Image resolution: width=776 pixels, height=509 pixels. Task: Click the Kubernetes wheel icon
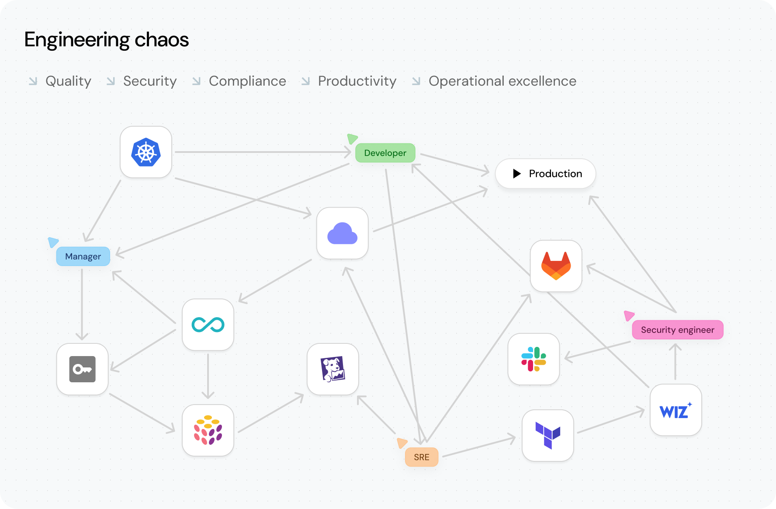click(x=146, y=152)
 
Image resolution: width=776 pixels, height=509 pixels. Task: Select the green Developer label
click(x=385, y=153)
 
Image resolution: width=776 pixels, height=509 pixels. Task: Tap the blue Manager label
click(x=83, y=256)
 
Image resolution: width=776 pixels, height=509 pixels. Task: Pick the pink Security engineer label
click(x=677, y=330)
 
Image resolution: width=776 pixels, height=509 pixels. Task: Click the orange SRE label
click(x=422, y=457)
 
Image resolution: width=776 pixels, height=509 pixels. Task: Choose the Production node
click(x=545, y=173)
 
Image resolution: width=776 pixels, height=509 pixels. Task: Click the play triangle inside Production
click(x=517, y=173)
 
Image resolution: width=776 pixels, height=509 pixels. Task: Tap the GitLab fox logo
click(x=556, y=266)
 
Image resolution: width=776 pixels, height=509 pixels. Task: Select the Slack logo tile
click(x=533, y=359)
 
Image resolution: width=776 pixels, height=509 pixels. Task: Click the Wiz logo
click(x=676, y=411)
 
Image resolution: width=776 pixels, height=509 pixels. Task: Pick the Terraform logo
click(x=548, y=435)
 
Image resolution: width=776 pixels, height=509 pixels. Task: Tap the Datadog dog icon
click(x=333, y=369)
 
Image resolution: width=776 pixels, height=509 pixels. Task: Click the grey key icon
click(x=83, y=369)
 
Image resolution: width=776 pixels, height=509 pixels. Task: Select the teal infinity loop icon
click(x=208, y=325)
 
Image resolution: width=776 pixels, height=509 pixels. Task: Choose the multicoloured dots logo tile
click(x=208, y=430)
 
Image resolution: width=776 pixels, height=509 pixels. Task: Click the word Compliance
click(x=247, y=81)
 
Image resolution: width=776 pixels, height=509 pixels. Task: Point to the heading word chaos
click(x=162, y=40)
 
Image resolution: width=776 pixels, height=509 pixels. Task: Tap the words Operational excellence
click(x=502, y=81)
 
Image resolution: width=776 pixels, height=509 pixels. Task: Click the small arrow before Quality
click(x=33, y=81)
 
